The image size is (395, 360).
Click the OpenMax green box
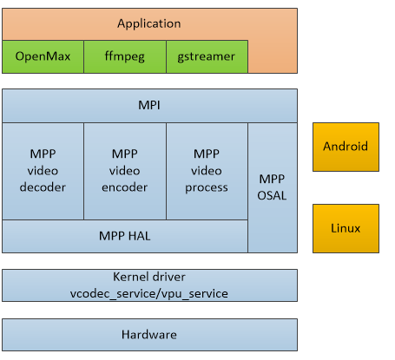(x=43, y=56)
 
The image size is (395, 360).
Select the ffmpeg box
(x=124, y=56)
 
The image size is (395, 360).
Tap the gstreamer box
(x=206, y=56)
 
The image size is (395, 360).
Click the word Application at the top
(x=149, y=24)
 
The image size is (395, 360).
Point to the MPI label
(x=149, y=105)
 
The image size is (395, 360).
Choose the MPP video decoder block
(x=43, y=170)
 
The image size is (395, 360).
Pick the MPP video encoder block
(x=124, y=170)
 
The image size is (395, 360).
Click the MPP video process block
(x=207, y=170)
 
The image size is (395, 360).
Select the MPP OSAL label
(x=272, y=187)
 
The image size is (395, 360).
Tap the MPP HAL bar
(x=124, y=235)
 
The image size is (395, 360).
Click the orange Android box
(x=346, y=147)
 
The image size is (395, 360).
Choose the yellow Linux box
(x=346, y=228)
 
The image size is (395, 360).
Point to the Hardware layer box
(x=149, y=334)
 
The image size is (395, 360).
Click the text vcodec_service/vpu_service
(x=149, y=293)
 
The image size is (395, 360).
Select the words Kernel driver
(x=149, y=278)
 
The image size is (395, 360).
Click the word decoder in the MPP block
(x=43, y=187)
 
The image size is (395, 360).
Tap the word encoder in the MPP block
(x=124, y=187)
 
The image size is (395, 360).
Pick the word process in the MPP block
(x=207, y=187)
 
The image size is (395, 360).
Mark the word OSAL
(x=272, y=195)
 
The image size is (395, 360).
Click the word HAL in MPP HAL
(x=140, y=235)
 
